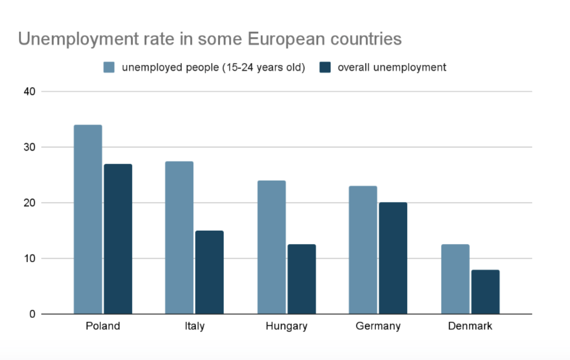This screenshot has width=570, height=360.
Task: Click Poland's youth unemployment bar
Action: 88,219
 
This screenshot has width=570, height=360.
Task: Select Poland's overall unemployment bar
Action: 118,239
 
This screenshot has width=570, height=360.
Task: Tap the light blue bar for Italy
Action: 179,238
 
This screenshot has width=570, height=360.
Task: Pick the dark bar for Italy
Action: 209,272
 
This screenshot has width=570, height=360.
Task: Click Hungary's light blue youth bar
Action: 271,247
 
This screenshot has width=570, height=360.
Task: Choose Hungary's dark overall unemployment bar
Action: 302,279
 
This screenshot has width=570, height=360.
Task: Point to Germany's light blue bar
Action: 363,250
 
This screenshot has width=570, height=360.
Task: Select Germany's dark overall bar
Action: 393,258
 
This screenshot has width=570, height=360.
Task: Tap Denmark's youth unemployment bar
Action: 455,279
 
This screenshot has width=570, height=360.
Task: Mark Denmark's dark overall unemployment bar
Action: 485,292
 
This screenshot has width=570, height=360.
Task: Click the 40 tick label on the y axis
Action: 29,92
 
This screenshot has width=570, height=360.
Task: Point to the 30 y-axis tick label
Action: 29,147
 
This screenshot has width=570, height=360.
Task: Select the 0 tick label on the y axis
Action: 32,314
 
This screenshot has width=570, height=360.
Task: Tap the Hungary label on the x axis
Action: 287,326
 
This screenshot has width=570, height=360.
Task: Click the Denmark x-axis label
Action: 470,326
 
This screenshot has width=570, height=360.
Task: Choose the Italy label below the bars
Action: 194,326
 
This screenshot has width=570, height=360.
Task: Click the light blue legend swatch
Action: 109,67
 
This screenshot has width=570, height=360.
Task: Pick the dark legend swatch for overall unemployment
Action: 325,67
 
